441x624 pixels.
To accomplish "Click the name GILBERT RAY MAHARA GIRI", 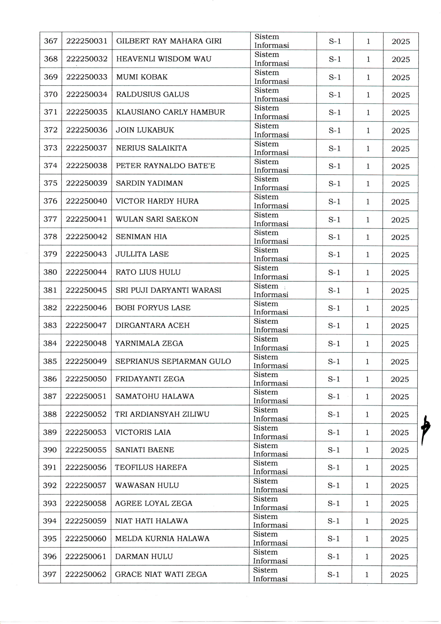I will pos(169,41).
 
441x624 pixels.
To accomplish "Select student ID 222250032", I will pos(87,59).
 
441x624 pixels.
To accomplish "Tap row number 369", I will pos(51,77).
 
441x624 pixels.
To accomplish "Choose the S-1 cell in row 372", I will pos(335,130).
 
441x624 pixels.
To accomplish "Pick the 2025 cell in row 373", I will pos(400,149).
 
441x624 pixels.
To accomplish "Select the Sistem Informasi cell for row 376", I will pos(271,201).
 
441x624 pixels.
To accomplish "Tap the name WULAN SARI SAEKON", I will pos(157,219).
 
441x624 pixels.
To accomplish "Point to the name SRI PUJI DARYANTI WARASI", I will pos(168,290).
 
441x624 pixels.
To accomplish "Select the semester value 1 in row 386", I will pos(367,379).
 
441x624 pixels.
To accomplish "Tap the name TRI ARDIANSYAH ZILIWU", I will pos(162,414).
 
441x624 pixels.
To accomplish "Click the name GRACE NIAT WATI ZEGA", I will pos(161,574).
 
